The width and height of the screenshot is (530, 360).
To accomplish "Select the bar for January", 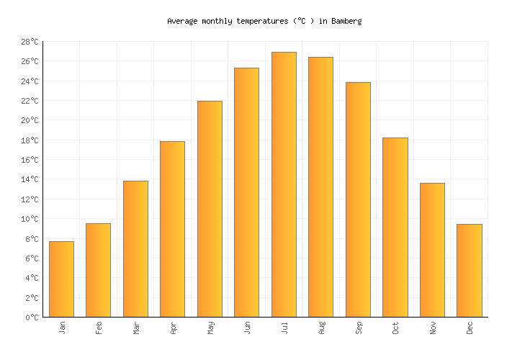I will tap(61, 279).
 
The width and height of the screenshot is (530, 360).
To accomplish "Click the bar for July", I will tap(284, 184).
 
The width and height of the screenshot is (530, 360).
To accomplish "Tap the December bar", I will tap(469, 271).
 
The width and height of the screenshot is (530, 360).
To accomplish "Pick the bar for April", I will tap(172, 229).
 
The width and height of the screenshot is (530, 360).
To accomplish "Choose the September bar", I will tap(358, 199).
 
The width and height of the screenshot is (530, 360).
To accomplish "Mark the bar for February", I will tap(98, 270).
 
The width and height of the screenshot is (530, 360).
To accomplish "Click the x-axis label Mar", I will tap(136, 328).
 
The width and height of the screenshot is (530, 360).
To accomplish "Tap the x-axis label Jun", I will tap(247, 328).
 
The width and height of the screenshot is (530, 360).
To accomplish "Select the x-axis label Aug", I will tap(321, 328).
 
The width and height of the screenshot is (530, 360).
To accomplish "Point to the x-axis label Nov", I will tap(433, 328).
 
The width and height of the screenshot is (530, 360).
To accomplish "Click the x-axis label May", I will tap(210, 328).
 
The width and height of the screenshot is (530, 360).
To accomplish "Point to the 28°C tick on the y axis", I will tap(30, 42).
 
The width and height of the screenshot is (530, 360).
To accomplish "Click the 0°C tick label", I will tap(32, 317).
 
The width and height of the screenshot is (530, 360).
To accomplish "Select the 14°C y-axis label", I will tap(30, 179).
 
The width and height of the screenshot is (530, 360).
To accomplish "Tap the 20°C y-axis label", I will tap(30, 120).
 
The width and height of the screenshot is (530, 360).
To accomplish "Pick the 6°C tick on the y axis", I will tap(32, 258).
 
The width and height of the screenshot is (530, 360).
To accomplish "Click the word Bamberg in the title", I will tap(346, 21).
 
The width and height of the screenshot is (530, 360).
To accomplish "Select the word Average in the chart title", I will tap(182, 21).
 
